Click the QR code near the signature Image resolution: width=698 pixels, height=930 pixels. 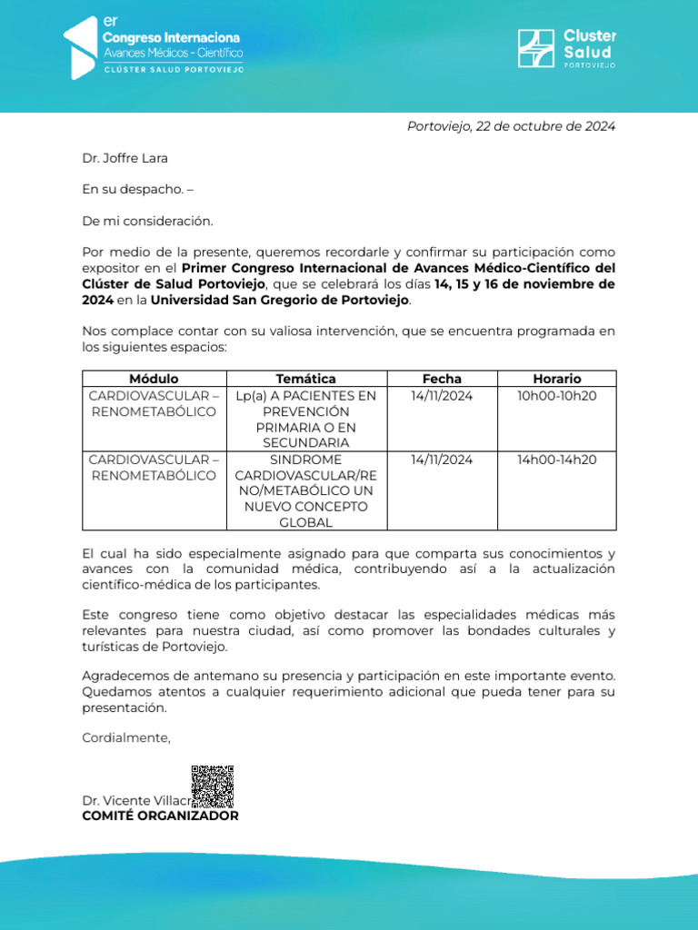click(213, 787)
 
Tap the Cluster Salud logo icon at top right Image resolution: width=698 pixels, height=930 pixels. click(534, 49)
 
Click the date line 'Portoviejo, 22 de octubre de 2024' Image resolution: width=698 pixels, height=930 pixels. click(511, 126)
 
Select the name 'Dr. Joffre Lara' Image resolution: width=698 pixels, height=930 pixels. click(125, 158)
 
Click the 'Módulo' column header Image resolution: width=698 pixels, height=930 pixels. click(154, 379)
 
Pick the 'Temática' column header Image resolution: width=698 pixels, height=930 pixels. click(305, 379)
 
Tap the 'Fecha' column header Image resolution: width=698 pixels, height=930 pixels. click(442, 379)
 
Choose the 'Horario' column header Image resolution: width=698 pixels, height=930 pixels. click(556, 379)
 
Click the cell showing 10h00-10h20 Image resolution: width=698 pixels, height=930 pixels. click(556, 396)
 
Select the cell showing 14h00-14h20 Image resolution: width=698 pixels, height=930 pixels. click(556, 460)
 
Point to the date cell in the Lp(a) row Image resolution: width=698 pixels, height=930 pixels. click(442, 396)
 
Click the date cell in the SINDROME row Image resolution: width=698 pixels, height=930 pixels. click(442, 460)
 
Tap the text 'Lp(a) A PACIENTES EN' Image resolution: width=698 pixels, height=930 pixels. click(305, 396)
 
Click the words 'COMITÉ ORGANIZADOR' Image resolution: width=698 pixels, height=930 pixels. click(160, 816)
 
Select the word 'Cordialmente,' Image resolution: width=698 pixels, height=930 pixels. click(126, 737)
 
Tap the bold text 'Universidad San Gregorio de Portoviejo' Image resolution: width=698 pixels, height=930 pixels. click(280, 300)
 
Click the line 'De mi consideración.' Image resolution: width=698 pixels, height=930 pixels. click(147, 221)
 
